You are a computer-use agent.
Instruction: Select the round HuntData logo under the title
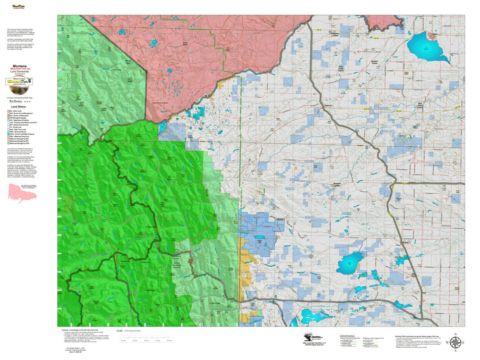pyautogui.click(x=19, y=82)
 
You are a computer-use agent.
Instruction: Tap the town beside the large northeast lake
pyautogui.click(x=432, y=36)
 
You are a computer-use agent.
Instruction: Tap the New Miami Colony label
pyautogui.click(x=420, y=106)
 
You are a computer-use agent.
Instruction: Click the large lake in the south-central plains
pyautogui.click(x=350, y=263)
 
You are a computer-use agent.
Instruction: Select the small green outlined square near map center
pyautogui.click(x=262, y=191)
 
